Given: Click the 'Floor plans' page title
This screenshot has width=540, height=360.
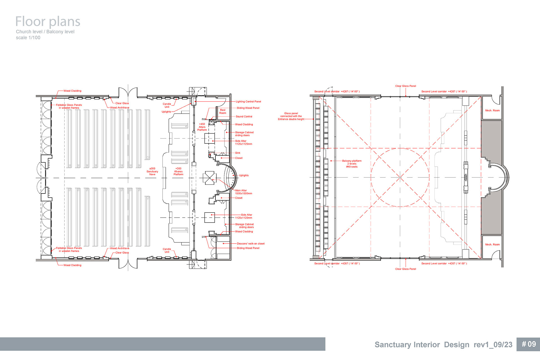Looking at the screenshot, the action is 48,22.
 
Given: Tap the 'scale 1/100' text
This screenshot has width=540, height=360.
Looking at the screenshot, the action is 28,38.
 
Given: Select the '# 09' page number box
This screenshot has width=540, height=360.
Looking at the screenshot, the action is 528,344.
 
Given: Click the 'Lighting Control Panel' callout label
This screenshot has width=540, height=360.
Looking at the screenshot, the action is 248,102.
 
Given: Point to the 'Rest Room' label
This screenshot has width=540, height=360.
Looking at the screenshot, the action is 223,112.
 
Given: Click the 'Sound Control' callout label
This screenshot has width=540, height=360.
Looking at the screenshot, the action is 244,116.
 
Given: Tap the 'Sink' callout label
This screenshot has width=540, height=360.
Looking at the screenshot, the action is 238,153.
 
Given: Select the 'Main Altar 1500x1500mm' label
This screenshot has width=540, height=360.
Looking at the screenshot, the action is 244,192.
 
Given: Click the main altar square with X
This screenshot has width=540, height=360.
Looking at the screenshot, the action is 209,178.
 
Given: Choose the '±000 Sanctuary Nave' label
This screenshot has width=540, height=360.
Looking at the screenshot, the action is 152,172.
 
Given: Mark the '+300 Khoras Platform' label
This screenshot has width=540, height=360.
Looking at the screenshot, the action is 178,172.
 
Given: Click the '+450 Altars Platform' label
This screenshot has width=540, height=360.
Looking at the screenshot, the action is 202,127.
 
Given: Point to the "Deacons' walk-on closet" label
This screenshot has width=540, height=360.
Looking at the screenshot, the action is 251,244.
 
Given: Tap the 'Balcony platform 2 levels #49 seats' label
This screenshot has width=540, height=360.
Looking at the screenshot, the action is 352,164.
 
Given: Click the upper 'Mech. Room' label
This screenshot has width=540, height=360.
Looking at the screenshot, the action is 492,111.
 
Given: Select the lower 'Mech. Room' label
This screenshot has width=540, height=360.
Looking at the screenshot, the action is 492,244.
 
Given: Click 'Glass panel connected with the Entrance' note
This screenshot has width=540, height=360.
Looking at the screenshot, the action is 291,116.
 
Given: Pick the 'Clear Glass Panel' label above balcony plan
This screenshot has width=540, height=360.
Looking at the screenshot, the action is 406,86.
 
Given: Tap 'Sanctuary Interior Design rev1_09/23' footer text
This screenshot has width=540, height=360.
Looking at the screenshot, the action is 444,345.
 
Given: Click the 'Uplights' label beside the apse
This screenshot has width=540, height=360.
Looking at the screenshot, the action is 244,175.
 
